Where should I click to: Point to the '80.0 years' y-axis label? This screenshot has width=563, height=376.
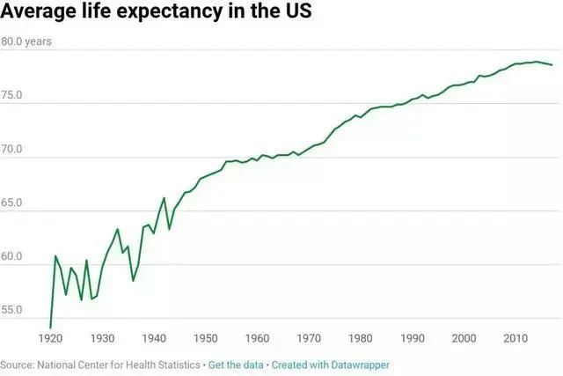click(x=26, y=41)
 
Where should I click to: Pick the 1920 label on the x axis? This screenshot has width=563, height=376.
click(x=51, y=338)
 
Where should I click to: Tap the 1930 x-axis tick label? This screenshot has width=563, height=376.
click(x=103, y=338)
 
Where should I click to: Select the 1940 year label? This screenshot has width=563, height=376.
click(x=154, y=338)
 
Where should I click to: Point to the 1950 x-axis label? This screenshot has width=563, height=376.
click(x=206, y=338)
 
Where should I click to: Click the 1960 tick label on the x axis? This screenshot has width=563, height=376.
click(x=257, y=338)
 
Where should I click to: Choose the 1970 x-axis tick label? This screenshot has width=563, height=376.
click(x=309, y=338)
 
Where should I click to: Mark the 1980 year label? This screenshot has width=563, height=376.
click(x=360, y=338)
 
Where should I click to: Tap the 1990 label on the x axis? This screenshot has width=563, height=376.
click(x=412, y=338)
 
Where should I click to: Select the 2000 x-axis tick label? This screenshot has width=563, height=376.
click(x=463, y=338)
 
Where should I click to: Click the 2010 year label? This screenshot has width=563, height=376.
click(x=515, y=338)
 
